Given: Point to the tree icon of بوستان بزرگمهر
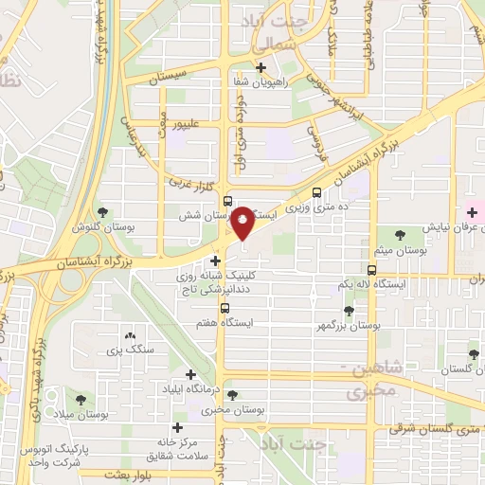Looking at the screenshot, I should click(x=349, y=311).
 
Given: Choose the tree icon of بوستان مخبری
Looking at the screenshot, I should click(x=233, y=395).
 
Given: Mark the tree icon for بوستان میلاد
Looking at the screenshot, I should click(x=76, y=399).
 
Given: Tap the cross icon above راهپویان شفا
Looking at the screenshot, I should click(x=260, y=67).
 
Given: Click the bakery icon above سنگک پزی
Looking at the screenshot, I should click(x=130, y=335).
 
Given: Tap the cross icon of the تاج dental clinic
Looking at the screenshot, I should click(x=217, y=260).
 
